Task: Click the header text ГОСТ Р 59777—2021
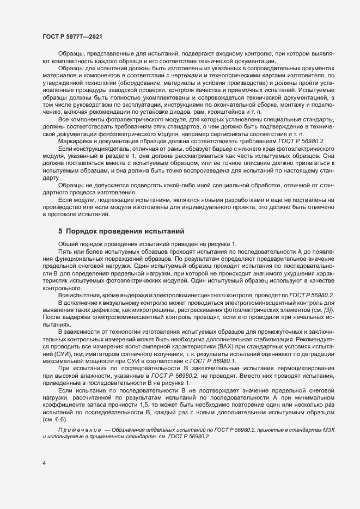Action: pos(71,36)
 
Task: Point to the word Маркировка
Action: pos(77,141)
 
